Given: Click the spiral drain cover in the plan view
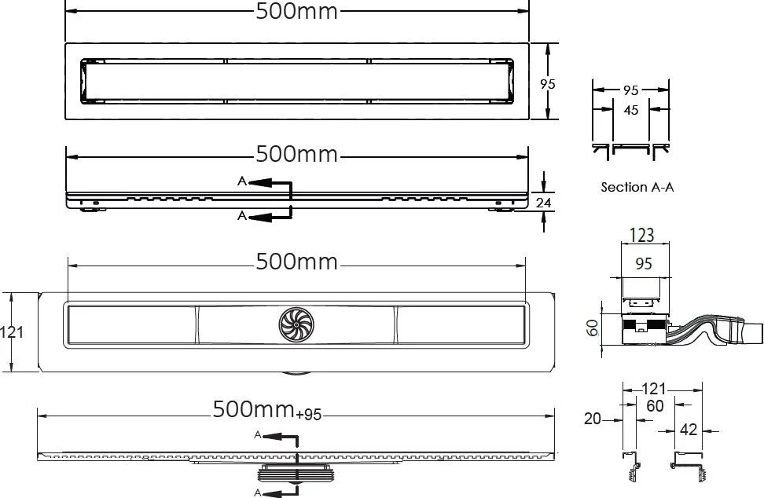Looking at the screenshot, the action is [296, 324].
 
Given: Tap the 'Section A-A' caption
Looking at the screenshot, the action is [637, 187].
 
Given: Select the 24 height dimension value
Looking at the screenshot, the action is [543, 202].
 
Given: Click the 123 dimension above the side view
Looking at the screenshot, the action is [641, 235].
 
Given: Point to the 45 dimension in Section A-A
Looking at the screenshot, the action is [630, 110].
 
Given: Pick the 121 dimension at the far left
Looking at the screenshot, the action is [12, 332].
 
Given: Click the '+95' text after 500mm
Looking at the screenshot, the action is [308, 414].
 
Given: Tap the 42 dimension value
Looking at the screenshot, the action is [688, 430].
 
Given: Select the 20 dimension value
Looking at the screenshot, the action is [592, 418].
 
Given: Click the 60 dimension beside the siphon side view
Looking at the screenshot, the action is [592, 328].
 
